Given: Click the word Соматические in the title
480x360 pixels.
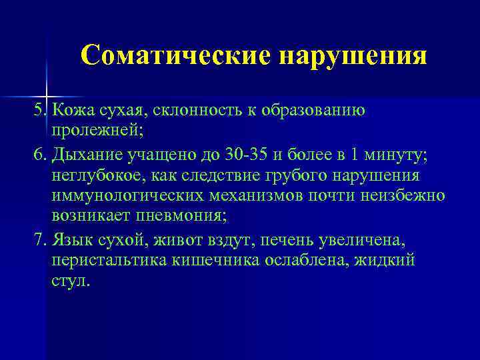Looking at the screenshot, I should coord(175,56).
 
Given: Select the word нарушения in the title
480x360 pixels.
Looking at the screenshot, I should coord(353,56).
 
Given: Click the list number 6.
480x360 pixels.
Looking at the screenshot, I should coord(37,155).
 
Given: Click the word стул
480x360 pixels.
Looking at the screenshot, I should coord(68,280).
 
